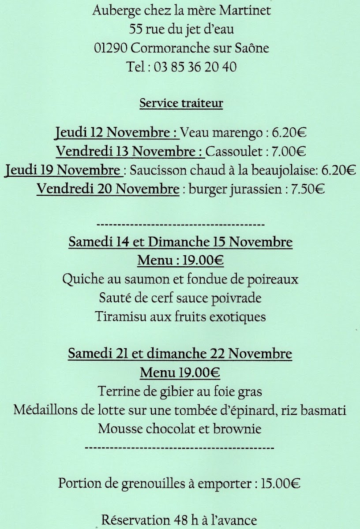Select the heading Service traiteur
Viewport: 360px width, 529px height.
[181, 104]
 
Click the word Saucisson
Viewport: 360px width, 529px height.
[160, 170]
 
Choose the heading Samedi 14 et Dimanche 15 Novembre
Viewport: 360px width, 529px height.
[180, 242]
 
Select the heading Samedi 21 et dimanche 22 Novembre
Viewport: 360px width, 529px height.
[180, 354]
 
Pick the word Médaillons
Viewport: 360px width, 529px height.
[47, 410]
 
